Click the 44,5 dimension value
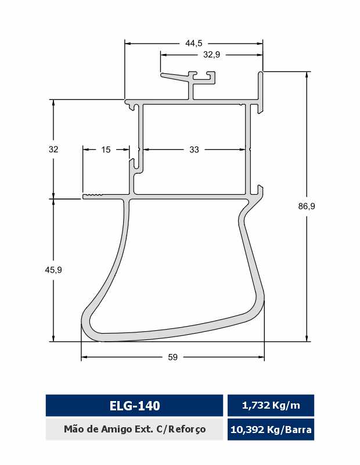194,43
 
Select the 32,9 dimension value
211,55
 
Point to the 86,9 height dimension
307,206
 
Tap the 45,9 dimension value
53,270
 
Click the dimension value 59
172,357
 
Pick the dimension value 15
106,149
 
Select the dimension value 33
194,149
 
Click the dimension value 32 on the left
53,149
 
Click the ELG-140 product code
135,405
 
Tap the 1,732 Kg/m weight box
271,405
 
